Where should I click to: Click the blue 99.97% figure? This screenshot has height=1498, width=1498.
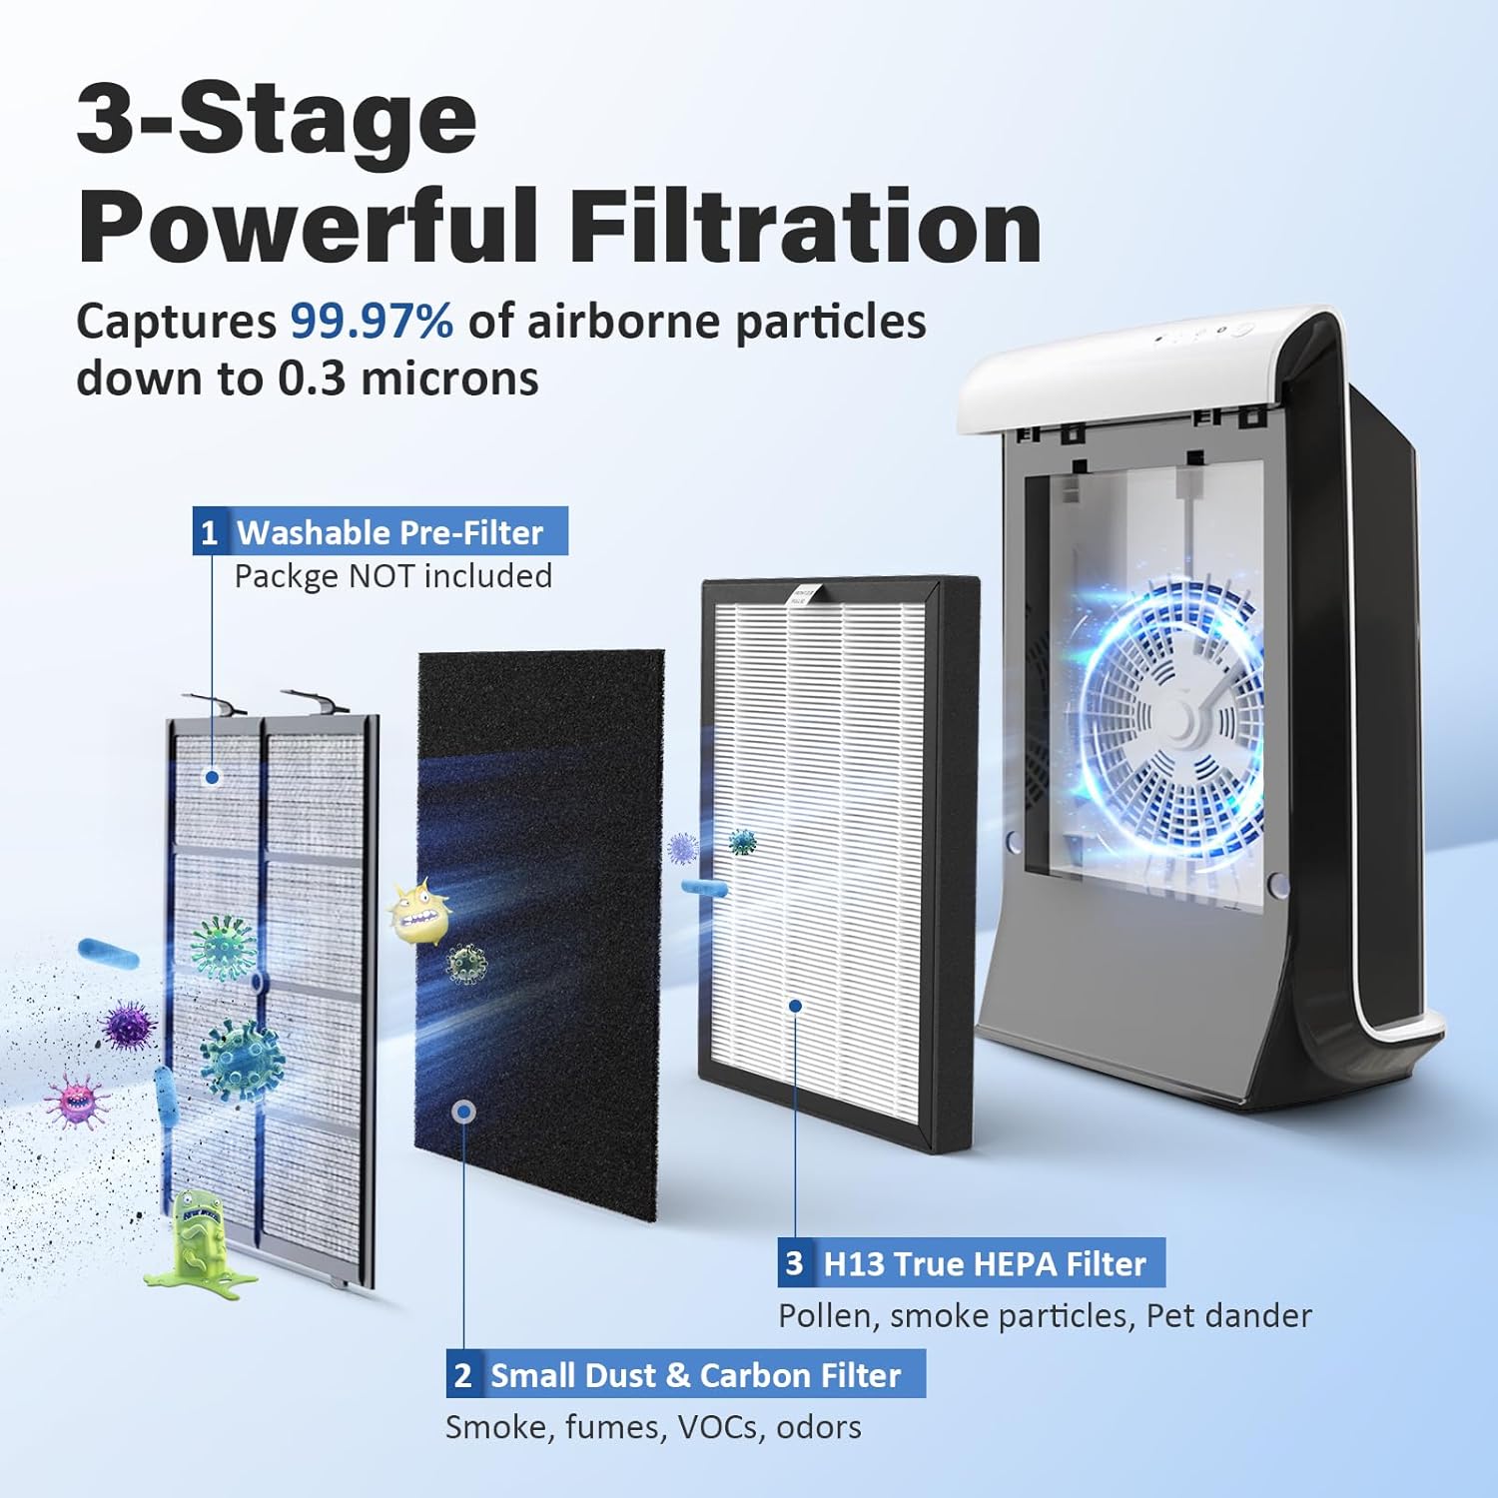pos(372,322)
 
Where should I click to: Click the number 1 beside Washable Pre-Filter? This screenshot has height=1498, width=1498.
pos(209,532)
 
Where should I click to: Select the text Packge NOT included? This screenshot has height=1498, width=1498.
pos(392,576)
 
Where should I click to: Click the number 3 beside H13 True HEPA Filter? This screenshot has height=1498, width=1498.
pos(794,1263)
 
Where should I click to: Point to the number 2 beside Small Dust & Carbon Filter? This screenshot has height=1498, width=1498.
pos(462,1375)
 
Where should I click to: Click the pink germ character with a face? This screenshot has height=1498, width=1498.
pos(76,1102)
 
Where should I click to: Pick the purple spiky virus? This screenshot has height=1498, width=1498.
pos(130,1026)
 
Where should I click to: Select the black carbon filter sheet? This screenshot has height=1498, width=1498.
pos(539,936)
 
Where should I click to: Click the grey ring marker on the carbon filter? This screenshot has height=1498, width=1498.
pos(462,1112)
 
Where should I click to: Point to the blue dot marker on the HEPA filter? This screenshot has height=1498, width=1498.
pos(795,1006)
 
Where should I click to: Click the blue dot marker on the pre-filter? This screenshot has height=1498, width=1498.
pos(212,777)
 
